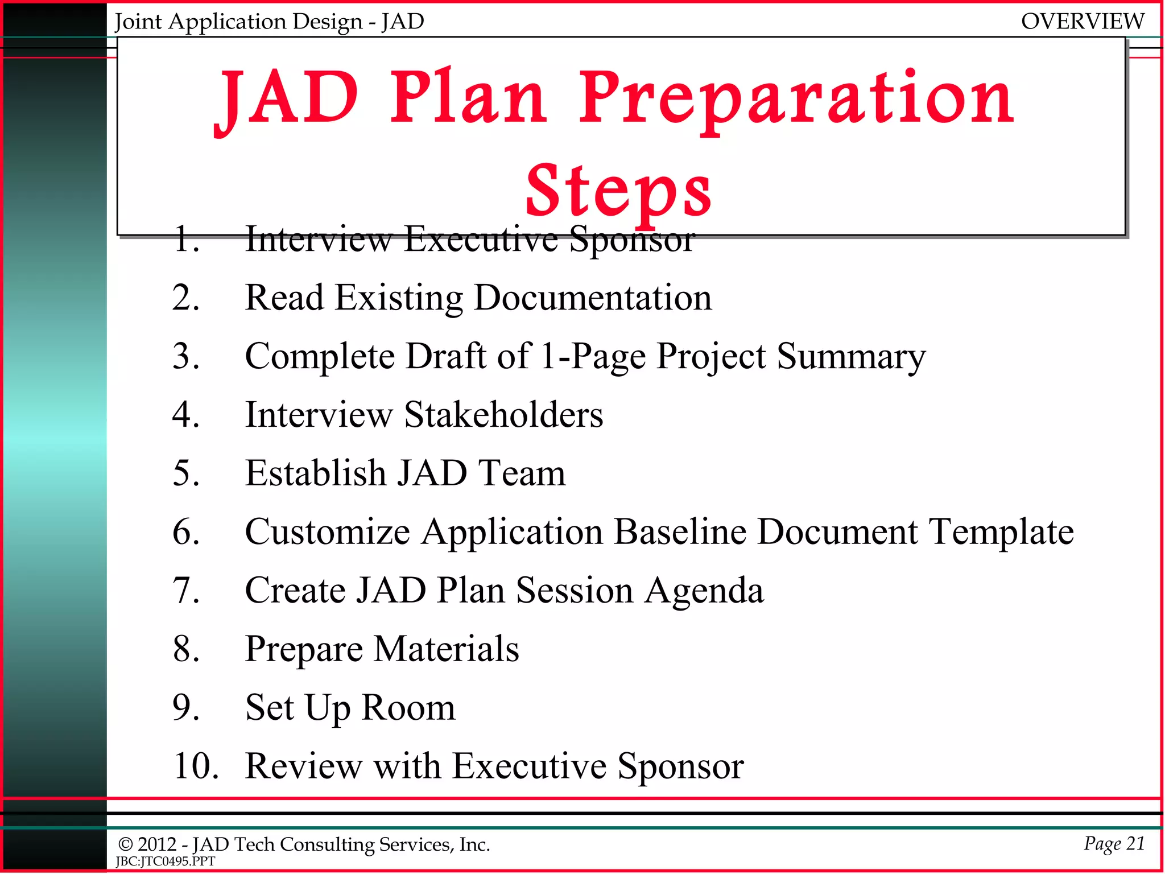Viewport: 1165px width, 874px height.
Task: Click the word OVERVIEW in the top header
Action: pos(1082,22)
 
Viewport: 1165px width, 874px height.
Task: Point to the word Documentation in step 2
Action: pos(592,298)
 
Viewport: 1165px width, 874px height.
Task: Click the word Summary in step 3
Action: pos(851,357)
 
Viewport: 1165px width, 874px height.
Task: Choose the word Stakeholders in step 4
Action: pos(503,415)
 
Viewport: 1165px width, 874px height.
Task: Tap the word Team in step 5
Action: pos(522,473)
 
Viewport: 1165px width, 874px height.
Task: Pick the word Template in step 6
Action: pos(1001,533)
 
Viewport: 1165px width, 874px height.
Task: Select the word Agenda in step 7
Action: pos(704,591)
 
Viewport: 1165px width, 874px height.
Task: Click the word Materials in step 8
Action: pos(446,649)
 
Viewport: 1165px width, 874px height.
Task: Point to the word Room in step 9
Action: pos(408,708)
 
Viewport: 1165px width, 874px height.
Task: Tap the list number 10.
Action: pos(196,766)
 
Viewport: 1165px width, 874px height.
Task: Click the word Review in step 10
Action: pos(303,766)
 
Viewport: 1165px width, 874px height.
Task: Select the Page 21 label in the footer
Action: pos(1114,843)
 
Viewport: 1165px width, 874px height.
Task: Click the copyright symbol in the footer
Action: pos(125,845)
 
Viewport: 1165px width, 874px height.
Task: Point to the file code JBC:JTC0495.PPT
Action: pos(166,861)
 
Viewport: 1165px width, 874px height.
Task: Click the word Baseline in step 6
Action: pos(680,532)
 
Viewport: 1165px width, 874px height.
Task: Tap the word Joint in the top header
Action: pos(138,22)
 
